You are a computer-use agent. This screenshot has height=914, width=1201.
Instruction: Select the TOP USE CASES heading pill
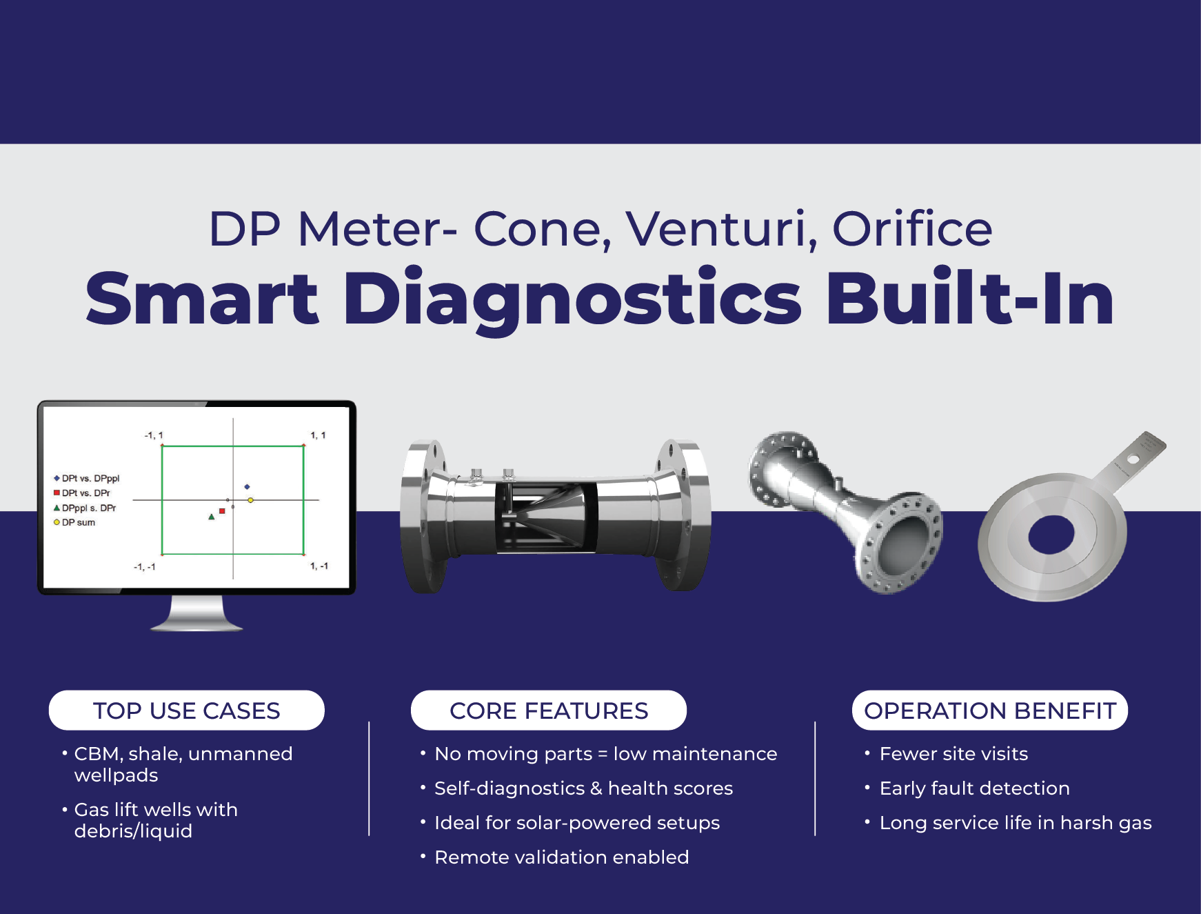tap(186, 711)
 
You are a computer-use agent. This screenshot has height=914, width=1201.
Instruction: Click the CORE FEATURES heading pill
tap(549, 711)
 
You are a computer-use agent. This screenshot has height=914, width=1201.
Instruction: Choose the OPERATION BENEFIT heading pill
tap(990, 711)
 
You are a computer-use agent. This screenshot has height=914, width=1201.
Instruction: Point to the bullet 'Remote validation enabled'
tap(561, 857)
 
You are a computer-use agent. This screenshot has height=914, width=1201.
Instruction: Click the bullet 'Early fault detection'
tap(974, 788)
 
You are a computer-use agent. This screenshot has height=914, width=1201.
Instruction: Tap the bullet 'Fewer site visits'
tap(953, 754)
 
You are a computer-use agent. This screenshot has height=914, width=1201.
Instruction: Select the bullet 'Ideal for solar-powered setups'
tap(577, 823)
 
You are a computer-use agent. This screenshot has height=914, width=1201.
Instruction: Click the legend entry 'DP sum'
tap(78, 523)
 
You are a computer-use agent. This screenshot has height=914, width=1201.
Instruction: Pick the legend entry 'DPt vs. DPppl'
tap(90, 478)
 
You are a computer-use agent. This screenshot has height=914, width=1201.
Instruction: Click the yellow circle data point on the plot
tap(250, 500)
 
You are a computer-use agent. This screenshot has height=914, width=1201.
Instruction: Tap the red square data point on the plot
tap(222, 511)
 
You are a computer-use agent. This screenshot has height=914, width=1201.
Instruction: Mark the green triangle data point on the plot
tap(212, 517)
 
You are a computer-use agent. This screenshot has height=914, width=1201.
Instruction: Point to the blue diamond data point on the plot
tap(247, 487)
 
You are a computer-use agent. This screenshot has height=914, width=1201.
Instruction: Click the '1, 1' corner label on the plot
tap(318, 435)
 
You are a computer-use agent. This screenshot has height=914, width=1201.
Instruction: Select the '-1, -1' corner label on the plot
tap(144, 567)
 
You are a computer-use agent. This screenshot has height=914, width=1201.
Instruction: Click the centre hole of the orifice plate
tap(1051, 535)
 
